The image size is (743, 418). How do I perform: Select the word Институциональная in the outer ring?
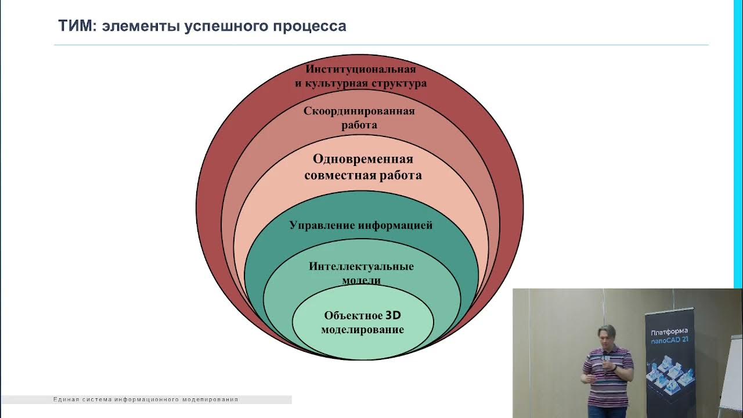point(360,69)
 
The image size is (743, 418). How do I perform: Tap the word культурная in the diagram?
point(340,83)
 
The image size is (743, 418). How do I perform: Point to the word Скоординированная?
point(359,111)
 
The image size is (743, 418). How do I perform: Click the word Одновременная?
point(363,159)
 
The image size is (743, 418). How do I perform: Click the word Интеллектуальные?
point(361,266)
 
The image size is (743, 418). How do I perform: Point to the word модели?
point(361,280)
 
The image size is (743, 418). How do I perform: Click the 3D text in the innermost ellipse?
point(394,316)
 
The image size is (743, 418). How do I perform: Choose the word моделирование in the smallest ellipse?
point(362,330)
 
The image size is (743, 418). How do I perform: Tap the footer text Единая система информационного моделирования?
point(145,399)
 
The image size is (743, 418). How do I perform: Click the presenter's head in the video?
point(603,337)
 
